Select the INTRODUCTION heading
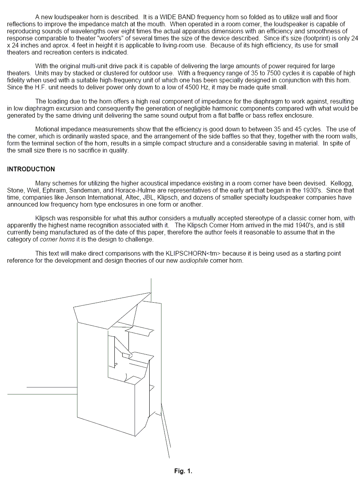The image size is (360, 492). click(x=31, y=169)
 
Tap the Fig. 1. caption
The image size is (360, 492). click(x=183, y=471)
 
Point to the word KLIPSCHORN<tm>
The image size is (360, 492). click(x=194, y=254)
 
